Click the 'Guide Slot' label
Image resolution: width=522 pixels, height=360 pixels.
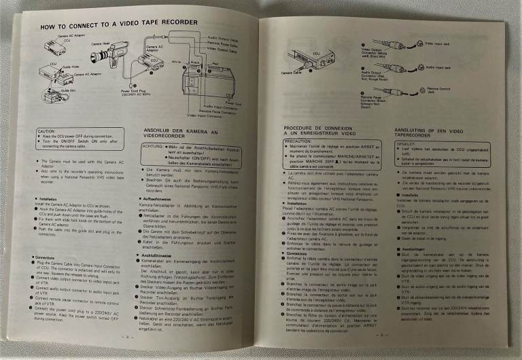(x=68, y=90)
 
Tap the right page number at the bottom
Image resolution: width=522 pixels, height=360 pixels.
(x=381, y=334)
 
